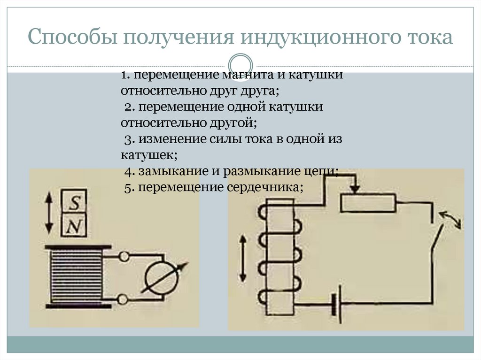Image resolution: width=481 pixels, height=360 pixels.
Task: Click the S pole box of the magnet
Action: tap(74, 203)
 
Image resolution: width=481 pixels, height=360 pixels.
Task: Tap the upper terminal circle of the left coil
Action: tap(124, 257)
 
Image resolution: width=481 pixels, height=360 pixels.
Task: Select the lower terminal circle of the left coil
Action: tap(124, 299)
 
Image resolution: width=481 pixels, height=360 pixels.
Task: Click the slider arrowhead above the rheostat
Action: tap(356, 189)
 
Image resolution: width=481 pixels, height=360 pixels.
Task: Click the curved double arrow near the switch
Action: tap(451, 219)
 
